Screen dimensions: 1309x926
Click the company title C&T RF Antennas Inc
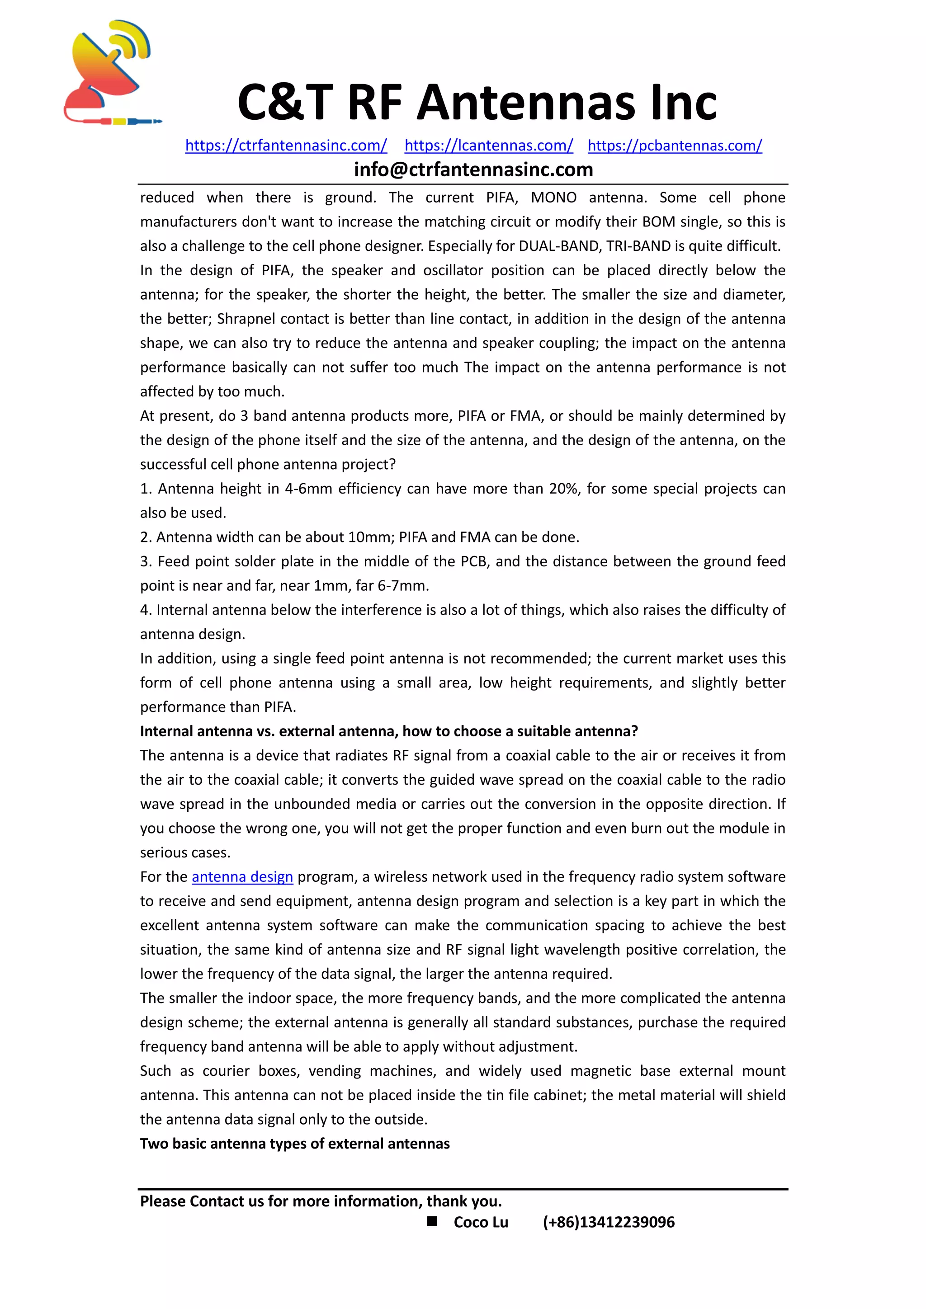[477, 103]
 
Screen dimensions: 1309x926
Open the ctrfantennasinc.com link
[286, 146]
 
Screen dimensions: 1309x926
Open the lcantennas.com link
[489, 146]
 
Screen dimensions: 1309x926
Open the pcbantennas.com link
[675, 146]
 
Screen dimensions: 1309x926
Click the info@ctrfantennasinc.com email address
[473, 170]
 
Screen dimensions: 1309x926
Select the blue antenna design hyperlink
[242, 876]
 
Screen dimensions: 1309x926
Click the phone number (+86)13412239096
[609, 1222]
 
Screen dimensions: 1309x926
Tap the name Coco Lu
[481, 1222]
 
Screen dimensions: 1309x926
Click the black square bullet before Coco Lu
[432, 1220]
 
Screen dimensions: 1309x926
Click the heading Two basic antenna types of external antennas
[295, 1143]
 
